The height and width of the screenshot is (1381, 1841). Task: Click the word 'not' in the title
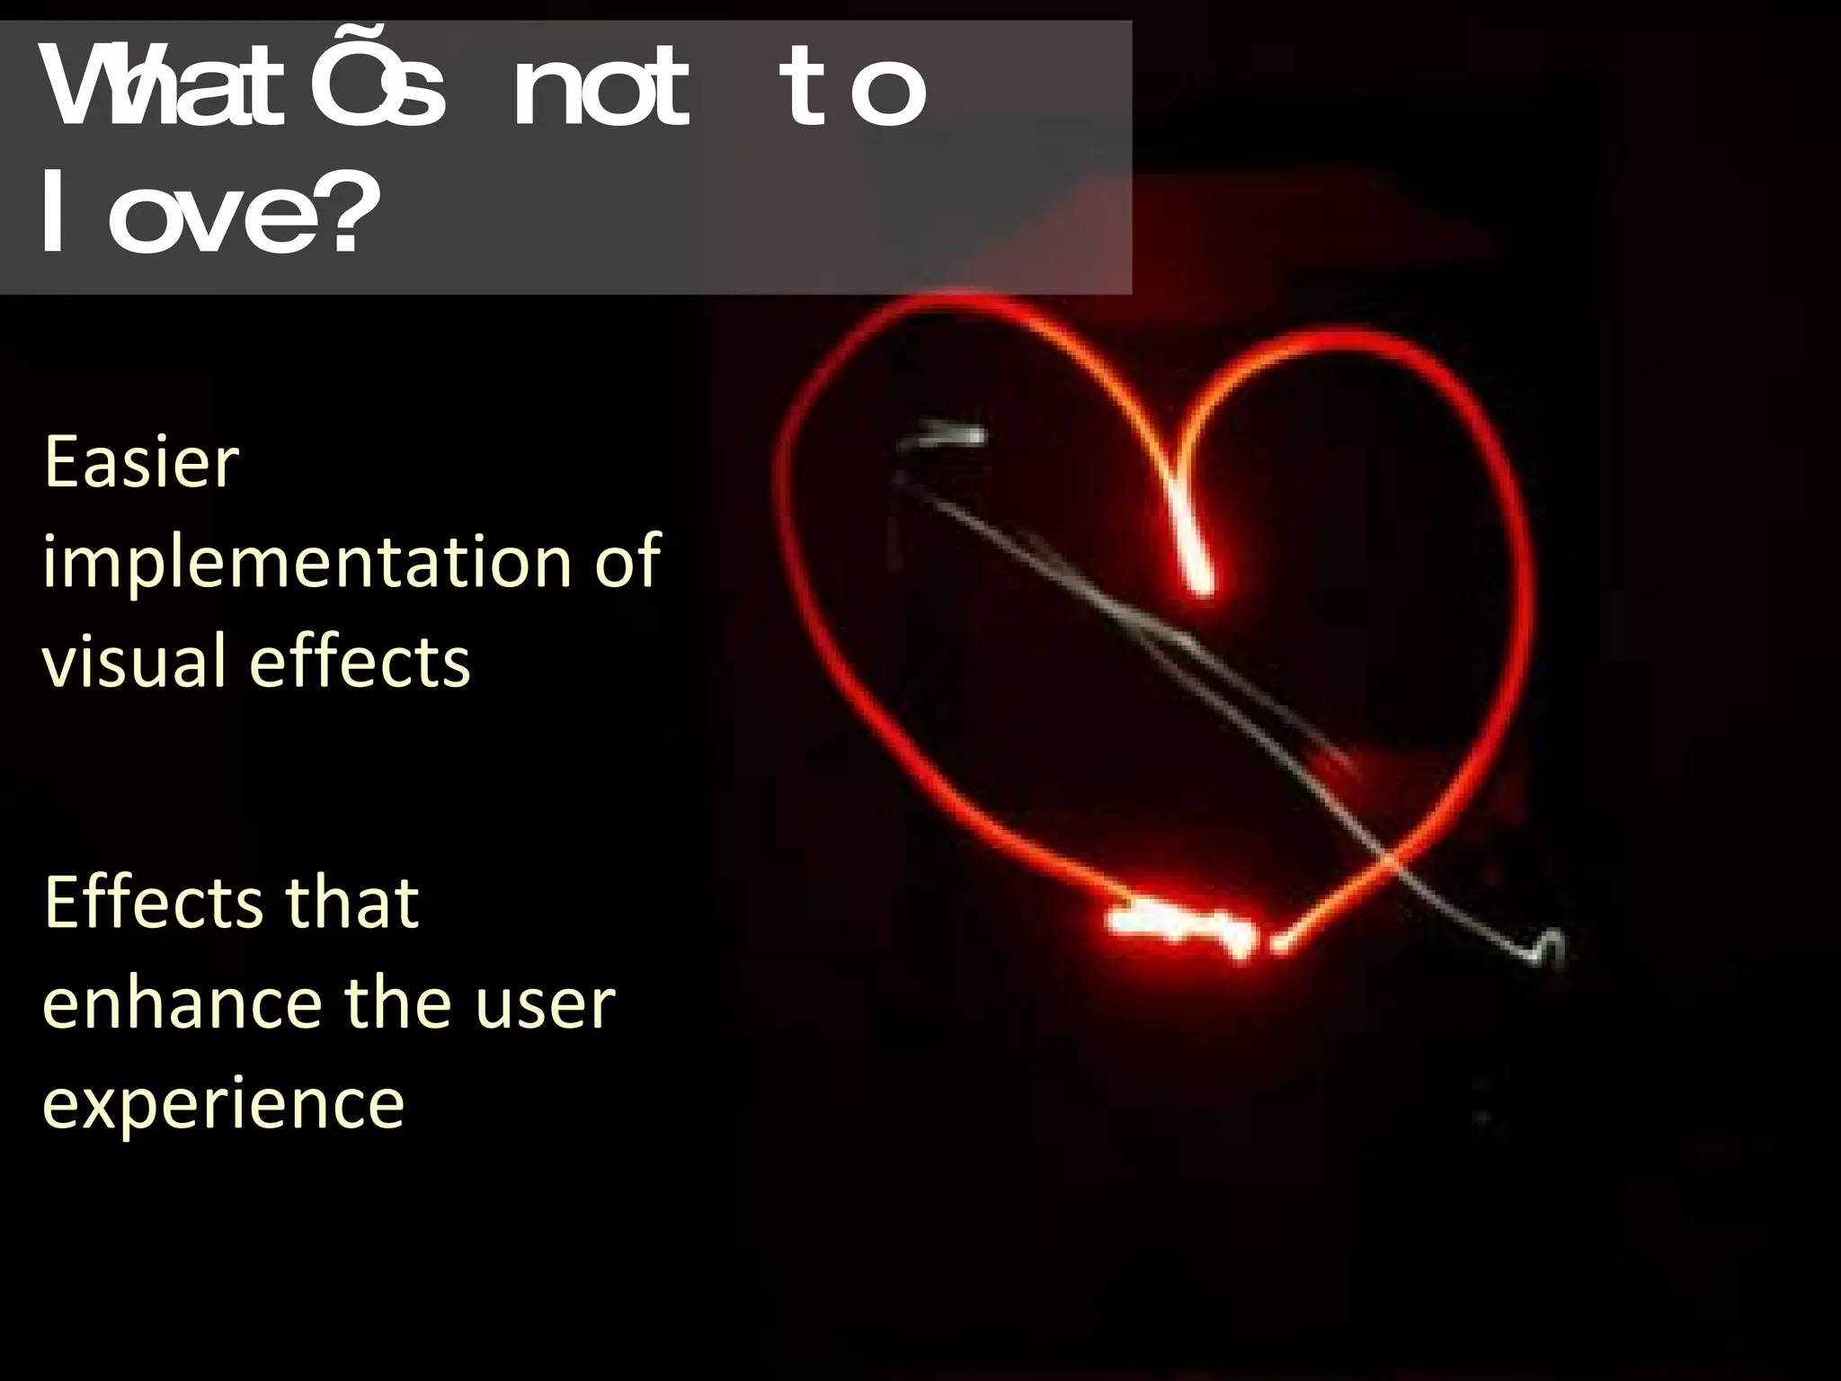click(600, 91)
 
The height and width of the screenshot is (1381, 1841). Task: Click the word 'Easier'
click(141, 462)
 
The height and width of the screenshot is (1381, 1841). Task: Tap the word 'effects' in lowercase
click(360, 661)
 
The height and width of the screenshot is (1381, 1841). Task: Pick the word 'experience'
click(223, 1105)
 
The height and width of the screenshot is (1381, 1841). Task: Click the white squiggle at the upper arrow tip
click(944, 439)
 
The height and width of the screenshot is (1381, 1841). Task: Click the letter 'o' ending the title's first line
click(888, 91)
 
